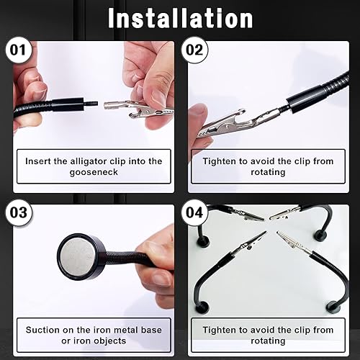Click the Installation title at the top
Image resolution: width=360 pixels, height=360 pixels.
pos(180,17)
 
